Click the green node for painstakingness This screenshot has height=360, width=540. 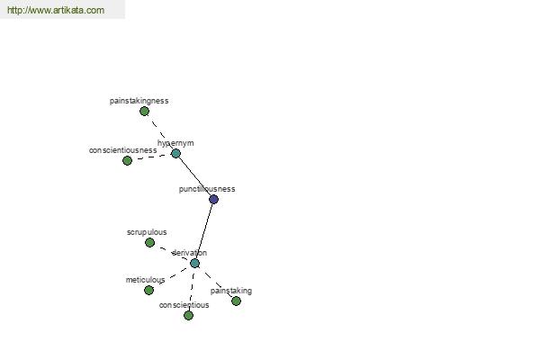coord(144,112)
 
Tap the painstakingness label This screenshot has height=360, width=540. coord(139,101)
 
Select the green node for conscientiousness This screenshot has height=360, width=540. coord(127,160)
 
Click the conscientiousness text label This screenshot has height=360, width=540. coord(123,150)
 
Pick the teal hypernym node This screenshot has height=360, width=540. coord(175,153)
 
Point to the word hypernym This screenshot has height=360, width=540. coord(175,143)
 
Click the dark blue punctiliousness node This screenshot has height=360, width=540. coord(213,199)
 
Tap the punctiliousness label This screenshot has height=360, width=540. coord(207,189)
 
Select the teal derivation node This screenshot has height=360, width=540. coord(194,263)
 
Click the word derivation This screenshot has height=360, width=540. coord(189,253)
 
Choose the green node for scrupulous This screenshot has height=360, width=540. coord(149,242)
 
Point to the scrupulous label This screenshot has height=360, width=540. coord(147,232)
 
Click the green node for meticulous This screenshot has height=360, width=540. coord(148,290)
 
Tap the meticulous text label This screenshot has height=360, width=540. coord(145,280)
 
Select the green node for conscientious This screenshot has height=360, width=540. coord(188,315)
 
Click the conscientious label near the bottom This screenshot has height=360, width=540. coord(184,305)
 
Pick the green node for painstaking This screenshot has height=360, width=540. coord(236,301)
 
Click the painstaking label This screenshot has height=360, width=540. coord(231,291)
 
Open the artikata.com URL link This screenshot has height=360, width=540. coord(56,10)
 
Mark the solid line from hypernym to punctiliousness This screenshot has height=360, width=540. coord(194,176)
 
